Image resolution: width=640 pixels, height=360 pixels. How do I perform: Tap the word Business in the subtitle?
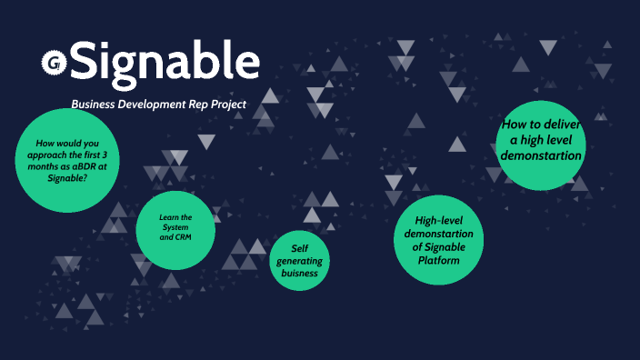95,105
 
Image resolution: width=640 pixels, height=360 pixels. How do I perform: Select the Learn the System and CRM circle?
175,230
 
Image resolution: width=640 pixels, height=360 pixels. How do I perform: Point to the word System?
175,227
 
